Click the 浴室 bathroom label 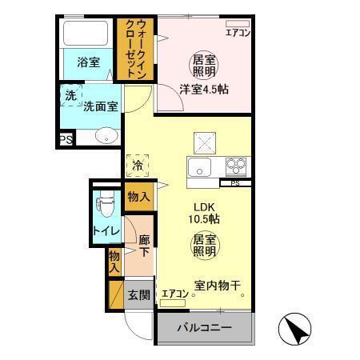coord(88,62)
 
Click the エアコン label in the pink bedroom coord(238,33)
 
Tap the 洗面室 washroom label coord(101,105)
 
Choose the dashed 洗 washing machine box coord(70,94)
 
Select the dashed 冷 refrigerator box coord(138,166)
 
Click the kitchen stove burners coord(235,166)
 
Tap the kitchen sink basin coord(198,169)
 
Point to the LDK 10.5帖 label coord(203,212)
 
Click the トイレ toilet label coord(106,231)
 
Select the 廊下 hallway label coord(144,245)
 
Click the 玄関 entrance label coord(138,294)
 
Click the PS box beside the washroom coord(65,140)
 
